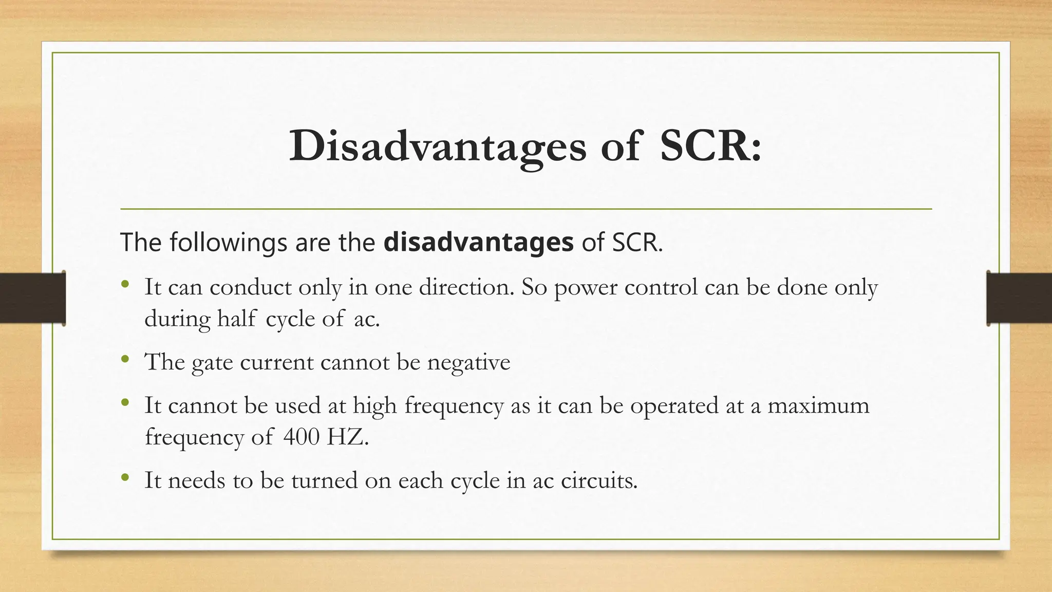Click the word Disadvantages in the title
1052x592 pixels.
coord(437,147)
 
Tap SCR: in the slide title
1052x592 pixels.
coord(710,146)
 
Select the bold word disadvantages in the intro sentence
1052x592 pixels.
coord(478,242)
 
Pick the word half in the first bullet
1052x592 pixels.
coord(237,319)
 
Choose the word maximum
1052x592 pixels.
coord(818,405)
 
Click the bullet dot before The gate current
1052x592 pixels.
coord(125,360)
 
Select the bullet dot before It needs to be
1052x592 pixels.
coord(125,478)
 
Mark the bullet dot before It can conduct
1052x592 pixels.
coord(125,284)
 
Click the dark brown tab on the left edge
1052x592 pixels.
coord(32,298)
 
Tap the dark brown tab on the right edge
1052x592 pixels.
coord(1019,298)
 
